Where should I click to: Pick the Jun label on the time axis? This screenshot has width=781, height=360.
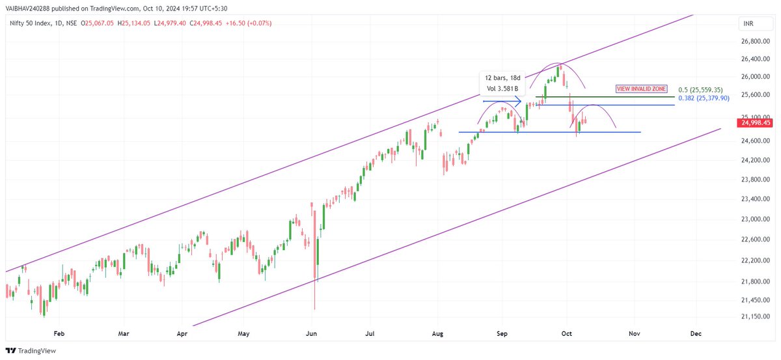311,333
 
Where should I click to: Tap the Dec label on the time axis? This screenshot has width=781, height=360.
696,333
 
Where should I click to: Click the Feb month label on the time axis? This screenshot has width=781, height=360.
59,333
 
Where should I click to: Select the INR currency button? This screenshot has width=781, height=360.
749,24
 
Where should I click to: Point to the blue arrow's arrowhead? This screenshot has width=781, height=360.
519,102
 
